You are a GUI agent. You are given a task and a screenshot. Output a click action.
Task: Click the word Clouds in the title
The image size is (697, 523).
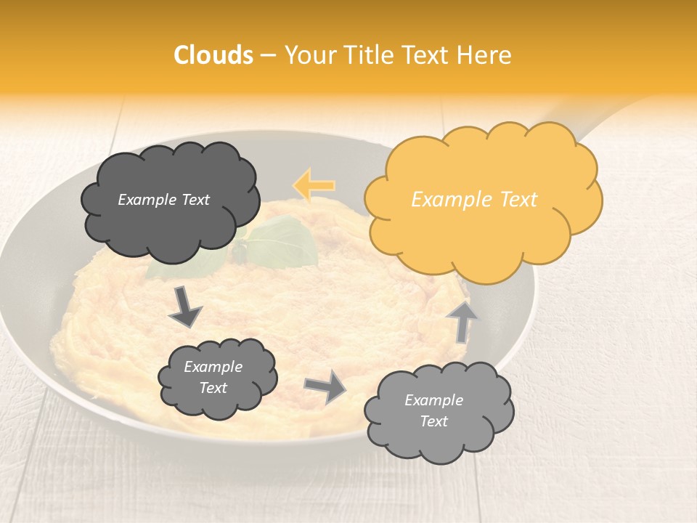[213, 55]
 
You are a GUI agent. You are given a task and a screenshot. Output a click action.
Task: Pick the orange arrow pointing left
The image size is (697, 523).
[314, 185]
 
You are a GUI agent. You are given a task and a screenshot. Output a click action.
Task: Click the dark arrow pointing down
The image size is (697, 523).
[184, 307]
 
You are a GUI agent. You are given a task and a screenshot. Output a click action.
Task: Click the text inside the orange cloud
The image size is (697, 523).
[474, 200]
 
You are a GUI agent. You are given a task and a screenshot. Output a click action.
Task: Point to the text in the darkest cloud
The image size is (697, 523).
[163, 200]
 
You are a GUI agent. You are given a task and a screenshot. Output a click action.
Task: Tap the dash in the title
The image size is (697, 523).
[266, 55]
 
